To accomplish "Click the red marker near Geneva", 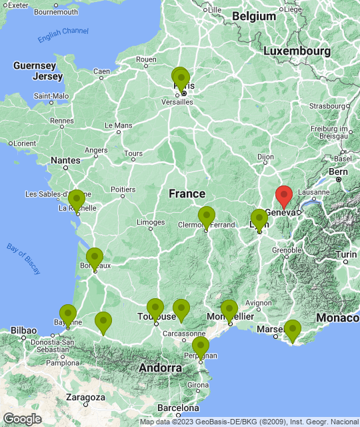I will tap(284, 195).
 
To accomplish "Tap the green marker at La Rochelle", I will tap(77, 200).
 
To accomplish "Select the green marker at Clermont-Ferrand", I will tap(207, 217).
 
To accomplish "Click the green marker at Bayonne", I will tap(68, 314).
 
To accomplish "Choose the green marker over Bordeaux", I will tap(95, 258).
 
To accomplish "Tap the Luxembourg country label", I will tap(297, 51).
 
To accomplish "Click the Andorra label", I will tap(160, 368).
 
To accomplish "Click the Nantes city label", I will tap(65, 160).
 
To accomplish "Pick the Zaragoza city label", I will tap(85, 397).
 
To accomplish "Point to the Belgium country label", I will tap(254, 16).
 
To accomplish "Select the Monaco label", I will tap(337, 318).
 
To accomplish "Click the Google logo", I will tap(22, 418).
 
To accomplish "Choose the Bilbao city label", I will tap(23, 330).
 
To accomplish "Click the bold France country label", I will tap(187, 193).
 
